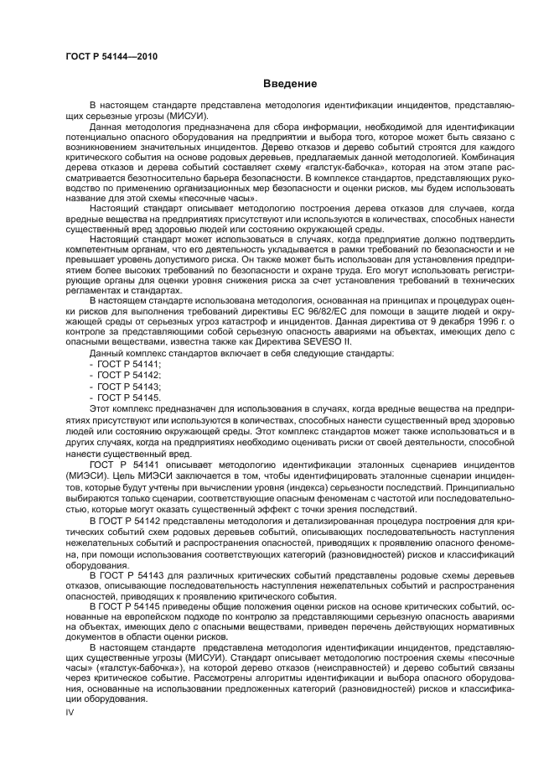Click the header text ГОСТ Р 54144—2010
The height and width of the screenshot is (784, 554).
(x=111, y=57)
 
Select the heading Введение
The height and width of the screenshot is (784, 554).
(x=290, y=84)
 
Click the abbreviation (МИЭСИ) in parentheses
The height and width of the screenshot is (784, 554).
(x=86, y=474)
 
